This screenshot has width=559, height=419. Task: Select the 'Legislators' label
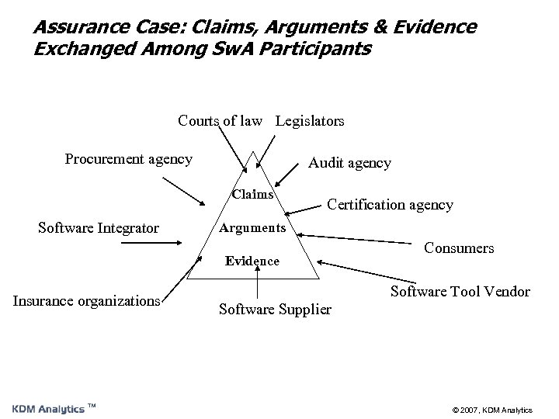click(310, 121)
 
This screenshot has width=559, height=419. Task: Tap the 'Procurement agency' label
click(129, 159)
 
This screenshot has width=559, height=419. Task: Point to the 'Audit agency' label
click(349, 163)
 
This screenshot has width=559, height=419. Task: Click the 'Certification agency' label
click(390, 205)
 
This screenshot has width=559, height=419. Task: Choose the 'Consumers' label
click(459, 248)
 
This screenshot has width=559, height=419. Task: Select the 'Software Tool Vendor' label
click(460, 292)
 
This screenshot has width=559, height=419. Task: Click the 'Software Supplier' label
click(275, 309)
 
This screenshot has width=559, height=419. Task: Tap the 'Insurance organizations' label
click(85, 300)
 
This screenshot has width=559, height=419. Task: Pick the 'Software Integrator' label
click(99, 227)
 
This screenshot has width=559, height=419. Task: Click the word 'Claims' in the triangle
click(252, 195)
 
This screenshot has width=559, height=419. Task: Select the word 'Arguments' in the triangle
click(254, 227)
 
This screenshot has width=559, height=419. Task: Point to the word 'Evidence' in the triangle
click(252, 261)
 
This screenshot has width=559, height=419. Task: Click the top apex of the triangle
click(254, 151)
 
